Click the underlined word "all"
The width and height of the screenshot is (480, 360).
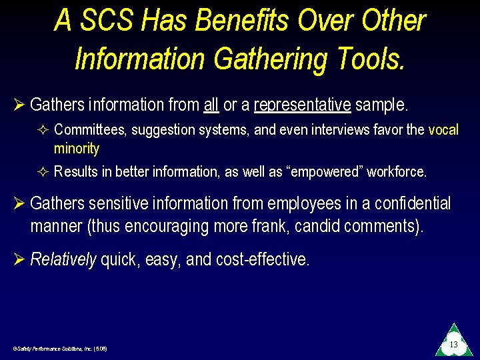pyautogui.click(x=211, y=105)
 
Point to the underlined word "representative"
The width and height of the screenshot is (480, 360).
pyautogui.click(x=302, y=105)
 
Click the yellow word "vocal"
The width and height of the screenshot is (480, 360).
pyautogui.click(x=443, y=129)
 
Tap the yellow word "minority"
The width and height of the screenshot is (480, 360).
pyautogui.click(x=77, y=148)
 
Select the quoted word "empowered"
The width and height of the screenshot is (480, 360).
pyautogui.click(x=324, y=171)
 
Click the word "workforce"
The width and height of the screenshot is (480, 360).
pyautogui.click(x=396, y=171)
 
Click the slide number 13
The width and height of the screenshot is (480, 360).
pyautogui.click(x=453, y=345)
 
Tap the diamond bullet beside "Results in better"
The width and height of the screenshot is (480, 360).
pyautogui.click(x=43, y=171)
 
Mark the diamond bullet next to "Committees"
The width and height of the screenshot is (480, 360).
pyautogui.click(x=43, y=129)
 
